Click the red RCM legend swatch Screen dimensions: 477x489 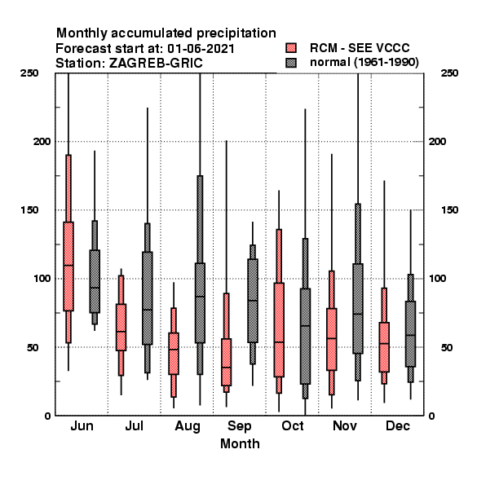291,48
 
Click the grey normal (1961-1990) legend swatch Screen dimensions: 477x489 291,63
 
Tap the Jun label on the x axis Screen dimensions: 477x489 82,426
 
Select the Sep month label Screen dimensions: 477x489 239,426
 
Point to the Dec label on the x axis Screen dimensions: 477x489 397,426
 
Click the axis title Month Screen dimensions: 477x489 240,444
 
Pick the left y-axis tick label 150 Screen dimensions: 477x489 30,210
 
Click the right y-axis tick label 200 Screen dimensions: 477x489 438,141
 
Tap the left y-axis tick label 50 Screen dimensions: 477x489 33,347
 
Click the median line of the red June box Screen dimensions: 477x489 68,266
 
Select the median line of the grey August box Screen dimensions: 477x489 200,297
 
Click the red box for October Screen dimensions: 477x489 279,330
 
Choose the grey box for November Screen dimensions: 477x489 358,309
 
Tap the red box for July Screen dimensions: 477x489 121,327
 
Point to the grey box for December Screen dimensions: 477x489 411,333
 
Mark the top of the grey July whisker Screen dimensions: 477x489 148,108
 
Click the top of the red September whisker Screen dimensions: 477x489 227,141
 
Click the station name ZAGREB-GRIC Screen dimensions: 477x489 156,64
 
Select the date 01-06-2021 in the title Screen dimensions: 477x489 201,49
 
